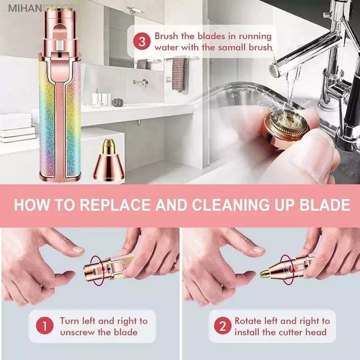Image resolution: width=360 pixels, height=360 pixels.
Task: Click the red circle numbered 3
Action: pos(142,42)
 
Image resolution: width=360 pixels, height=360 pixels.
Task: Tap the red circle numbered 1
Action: pos(45,325)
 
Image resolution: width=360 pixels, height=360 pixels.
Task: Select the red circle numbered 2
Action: pos(222,325)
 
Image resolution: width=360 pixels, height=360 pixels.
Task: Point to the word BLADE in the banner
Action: pos(325,205)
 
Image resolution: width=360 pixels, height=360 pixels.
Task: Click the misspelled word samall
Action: pos(232,48)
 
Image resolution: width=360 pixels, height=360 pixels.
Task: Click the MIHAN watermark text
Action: pos(25,9)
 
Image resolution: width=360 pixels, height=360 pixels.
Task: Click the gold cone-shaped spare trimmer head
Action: pos(108,159)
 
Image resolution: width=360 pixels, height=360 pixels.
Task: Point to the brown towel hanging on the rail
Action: pos(180,74)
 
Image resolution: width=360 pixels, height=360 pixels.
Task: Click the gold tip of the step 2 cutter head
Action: pos(264,274)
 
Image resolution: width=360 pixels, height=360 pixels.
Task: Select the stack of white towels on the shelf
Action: pos(16,127)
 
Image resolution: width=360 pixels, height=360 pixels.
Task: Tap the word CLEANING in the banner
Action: pos(230,205)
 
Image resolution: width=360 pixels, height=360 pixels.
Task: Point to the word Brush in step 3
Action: pos(166,36)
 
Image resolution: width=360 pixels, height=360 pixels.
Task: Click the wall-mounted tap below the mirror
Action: pos(141,82)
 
